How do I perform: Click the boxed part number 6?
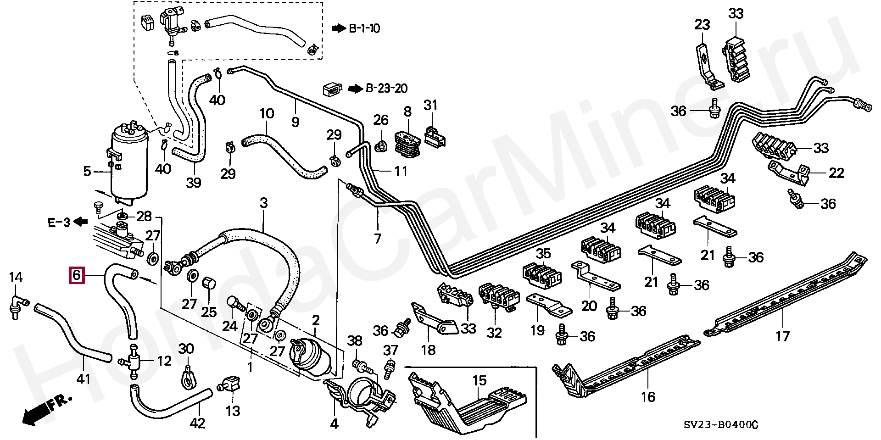click(77, 275)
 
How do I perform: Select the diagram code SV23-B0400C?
click(721, 425)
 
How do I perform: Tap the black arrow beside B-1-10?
click(339, 28)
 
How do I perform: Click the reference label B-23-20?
click(386, 89)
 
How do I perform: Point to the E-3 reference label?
click(59, 223)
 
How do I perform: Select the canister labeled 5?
click(129, 165)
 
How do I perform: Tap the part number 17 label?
click(782, 336)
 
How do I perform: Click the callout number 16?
click(648, 397)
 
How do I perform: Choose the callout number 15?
click(480, 380)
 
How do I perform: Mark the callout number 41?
click(84, 379)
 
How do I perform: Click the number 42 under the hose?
click(197, 423)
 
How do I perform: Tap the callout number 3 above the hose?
click(263, 203)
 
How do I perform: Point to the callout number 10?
click(267, 113)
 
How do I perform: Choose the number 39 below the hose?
click(193, 183)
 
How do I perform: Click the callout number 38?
click(355, 340)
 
